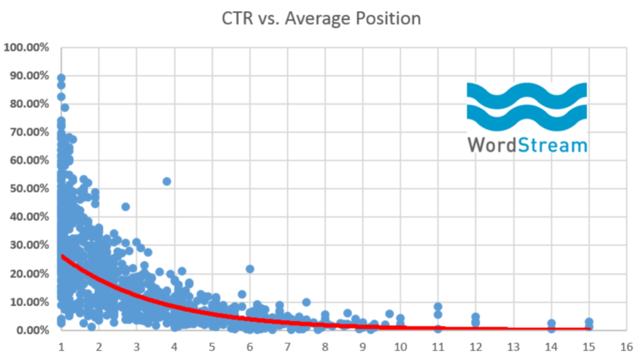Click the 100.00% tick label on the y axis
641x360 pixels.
(27, 47)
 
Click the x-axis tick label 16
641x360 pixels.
(627, 347)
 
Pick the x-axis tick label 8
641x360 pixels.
(325, 347)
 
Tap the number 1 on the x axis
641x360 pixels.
(61, 347)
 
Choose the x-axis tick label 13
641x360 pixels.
(514, 347)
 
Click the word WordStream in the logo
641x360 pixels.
(527, 145)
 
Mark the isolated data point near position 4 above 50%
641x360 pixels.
(167, 181)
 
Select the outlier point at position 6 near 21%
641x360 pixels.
(250, 269)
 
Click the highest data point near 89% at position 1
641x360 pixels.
(61, 78)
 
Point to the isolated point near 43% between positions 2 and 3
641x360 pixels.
(126, 207)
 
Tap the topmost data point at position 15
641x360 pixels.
(589, 322)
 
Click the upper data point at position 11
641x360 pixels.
(438, 307)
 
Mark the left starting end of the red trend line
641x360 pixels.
(62, 255)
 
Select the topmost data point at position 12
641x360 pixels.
(476, 317)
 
